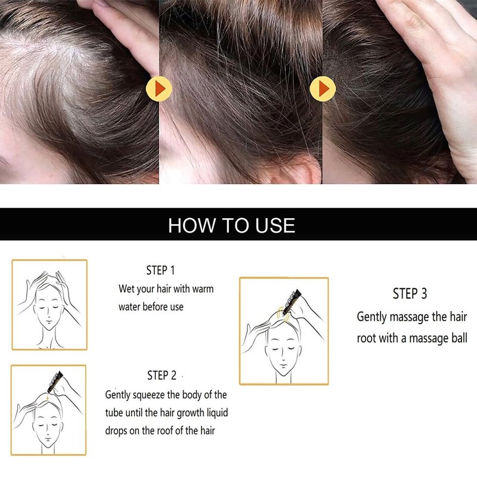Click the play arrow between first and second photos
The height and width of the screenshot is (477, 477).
click(159, 89)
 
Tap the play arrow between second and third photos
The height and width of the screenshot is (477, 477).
click(323, 89)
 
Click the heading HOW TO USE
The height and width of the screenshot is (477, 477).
click(231, 225)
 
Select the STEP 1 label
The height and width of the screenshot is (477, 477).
click(160, 270)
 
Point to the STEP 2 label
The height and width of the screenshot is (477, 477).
click(162, 376)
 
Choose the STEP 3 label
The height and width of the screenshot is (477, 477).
click(410, 293)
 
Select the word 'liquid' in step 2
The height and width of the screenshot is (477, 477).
click(217, 413)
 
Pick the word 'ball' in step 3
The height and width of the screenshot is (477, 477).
click(459, 338)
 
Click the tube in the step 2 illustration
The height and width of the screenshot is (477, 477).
click(55, 382)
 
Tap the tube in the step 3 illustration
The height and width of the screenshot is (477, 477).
click(292, 302)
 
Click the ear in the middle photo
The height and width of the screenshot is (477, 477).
click(300, 171)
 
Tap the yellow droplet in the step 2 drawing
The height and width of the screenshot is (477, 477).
click(48, 397)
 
